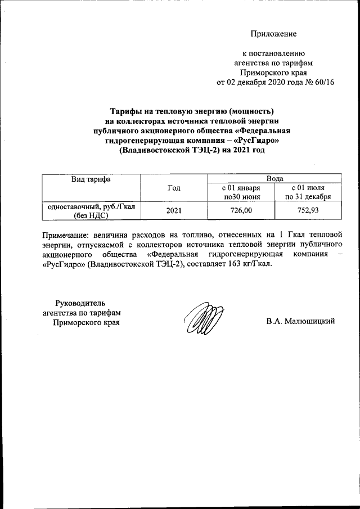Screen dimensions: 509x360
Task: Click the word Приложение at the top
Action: click(x=273, y=34)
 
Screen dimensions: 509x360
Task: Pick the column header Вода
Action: click(x=274, y=178)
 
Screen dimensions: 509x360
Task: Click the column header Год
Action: click(x=174, y=188)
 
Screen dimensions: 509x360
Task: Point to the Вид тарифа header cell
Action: click(x=91, y=179)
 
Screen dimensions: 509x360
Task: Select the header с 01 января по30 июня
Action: click(x=241, y=192)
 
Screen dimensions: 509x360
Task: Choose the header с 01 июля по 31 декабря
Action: click(x=308, y=192)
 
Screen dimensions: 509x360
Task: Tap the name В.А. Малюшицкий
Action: click(x=301, y=321)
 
